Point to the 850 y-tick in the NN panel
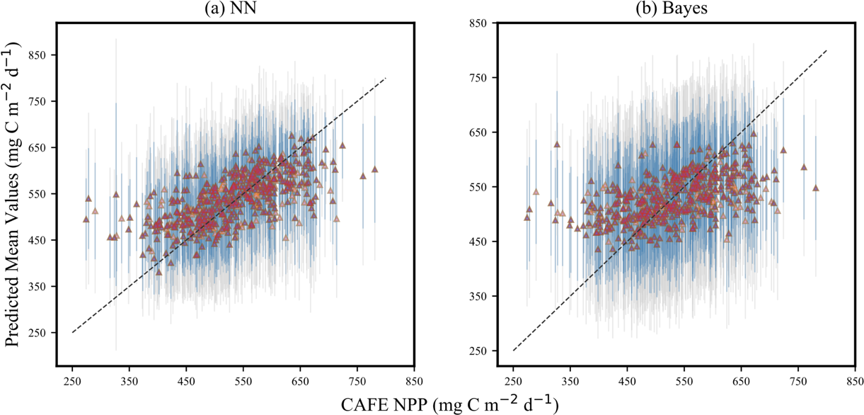click(x=38, y=55)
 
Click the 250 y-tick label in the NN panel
click(x=38, y=333)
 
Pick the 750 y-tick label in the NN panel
click(x=38, y=101)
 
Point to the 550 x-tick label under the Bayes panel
click(x=684, y=381)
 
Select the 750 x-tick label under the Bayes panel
click(x=798, y=381)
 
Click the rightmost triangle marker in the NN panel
click(x=375, y=169)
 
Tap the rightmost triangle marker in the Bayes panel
click(x=815, y=188)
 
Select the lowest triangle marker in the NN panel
click(x=159, y=272)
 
